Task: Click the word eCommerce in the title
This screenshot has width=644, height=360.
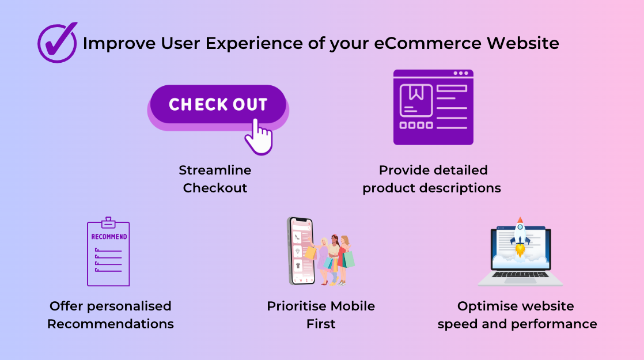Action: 427,43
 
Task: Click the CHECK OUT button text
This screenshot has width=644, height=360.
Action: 218,105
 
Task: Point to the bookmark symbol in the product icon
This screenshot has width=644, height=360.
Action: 416,93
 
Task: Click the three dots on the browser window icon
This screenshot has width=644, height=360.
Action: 461,73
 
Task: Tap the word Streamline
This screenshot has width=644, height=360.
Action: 215,170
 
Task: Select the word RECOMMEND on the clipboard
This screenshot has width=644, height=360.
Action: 109,237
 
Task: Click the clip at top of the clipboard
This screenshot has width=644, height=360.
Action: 108,222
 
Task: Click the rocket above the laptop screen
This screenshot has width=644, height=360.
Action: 520,237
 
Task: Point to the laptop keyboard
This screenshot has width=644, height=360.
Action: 520,274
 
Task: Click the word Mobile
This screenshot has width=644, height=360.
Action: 353,306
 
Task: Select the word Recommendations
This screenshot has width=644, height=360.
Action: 111,324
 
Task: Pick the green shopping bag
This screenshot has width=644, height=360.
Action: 348,259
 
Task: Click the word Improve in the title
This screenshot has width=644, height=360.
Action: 119,44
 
